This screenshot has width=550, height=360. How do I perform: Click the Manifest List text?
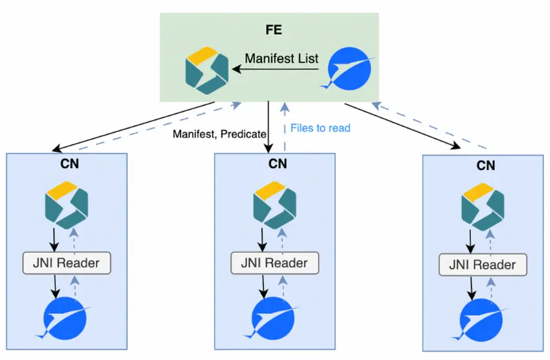pyautogui.click(x=281, y=58)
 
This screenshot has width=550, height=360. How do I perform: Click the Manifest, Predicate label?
pyautogui.click(x=219, y=134)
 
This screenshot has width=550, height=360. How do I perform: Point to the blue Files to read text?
pyautogui.click(x=320, y=128)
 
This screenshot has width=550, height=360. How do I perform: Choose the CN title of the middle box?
pyautogui.click(x=277, y=163)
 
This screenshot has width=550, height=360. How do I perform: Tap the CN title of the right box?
pyautogui.click(x=486, y=165)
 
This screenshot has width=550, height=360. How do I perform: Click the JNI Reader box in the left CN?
pyautogui.click(x=67, y=262)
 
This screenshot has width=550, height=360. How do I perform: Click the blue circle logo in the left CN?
pyautogui.click(x=66, y=318)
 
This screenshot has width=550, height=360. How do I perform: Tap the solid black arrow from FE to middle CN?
pyautogui.click(x=269, y=126)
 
